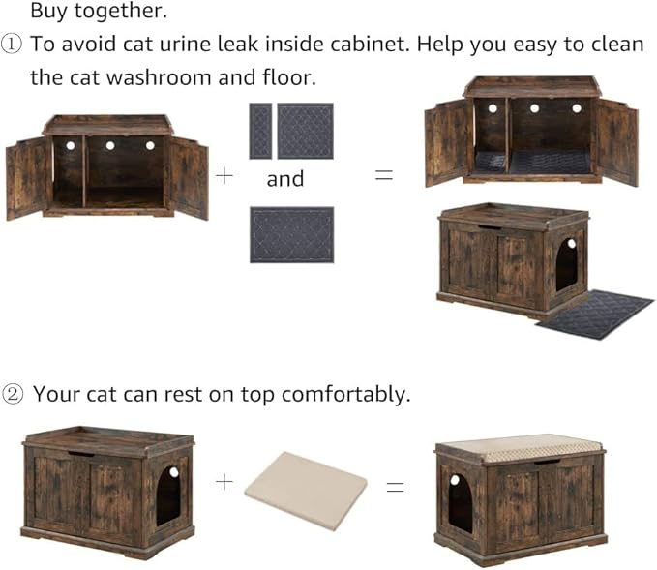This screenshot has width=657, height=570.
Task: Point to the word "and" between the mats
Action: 284,179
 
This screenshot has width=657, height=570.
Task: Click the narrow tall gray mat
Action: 260,131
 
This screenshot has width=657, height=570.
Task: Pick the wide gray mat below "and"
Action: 291,233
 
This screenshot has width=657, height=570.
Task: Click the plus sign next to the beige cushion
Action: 224,481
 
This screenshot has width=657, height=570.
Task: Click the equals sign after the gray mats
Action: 384,176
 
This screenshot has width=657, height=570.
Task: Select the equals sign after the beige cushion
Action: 395,487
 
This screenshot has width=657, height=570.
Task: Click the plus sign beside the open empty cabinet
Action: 224,176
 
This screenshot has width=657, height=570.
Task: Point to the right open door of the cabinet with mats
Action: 615,142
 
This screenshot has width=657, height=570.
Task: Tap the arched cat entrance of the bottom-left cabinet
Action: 167,496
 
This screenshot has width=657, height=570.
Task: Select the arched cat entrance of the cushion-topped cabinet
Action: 460,502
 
